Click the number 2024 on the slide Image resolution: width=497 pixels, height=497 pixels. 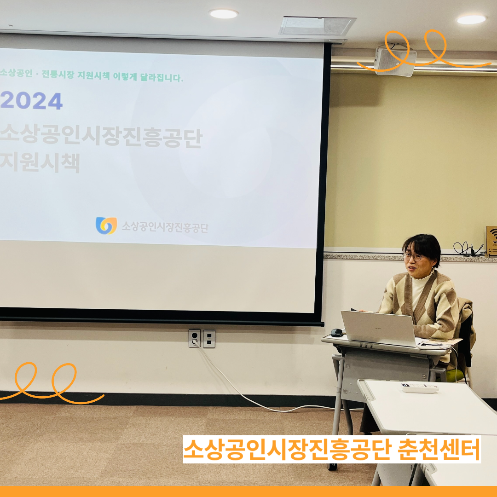pyautogui.click(x=31, y=101)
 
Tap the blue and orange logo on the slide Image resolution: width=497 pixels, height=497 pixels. pyautogui.click(x=106, y=225)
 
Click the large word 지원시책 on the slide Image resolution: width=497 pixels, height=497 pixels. pyautogui.click(x=40, y=162)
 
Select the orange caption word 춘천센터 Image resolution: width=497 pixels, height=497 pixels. pyautogui.click(x=439, y=450)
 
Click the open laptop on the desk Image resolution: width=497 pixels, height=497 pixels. pyautogui.click(x=378, y=328)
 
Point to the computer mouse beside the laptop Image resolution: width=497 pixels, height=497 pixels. pyautogui.click(x=336, y=333)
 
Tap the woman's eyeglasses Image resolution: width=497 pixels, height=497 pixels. pyautogui.click(x=413, y=256)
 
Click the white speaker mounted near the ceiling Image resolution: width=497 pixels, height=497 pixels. pyautogui.click(x=395, y=61)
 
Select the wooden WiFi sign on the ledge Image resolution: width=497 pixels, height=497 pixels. pyautogui.click(x=491, y=241)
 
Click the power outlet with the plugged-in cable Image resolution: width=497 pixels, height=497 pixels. pyautogui.click(x=194, y=339)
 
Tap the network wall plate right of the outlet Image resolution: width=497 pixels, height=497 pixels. pyautogui.click(x=209, y=339)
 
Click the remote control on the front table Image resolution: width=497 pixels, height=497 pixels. pyautogui.click(x=419, y=387)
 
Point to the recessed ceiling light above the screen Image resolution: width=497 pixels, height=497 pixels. pyautogui.click(x=224, y=14)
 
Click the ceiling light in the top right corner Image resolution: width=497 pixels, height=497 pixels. pyautogui.click(x=471, y=19)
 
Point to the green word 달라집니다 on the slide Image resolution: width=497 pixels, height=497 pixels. pyautogui.click(x=162, y=77)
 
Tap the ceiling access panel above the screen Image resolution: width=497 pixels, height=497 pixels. pyautogui.click(x=317, y=26)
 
